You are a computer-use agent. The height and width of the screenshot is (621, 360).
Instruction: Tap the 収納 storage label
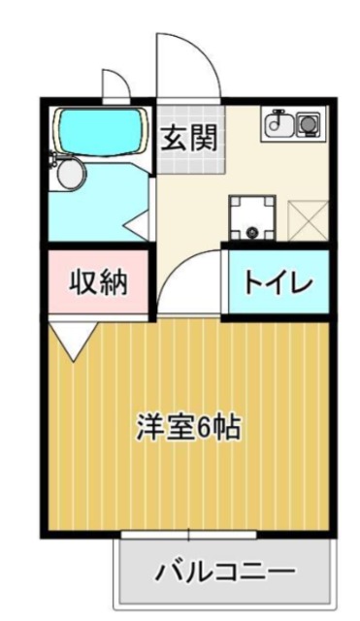97,283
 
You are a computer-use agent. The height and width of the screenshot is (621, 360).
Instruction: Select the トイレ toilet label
277,282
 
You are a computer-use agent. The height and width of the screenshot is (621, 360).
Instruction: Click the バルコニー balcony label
225,572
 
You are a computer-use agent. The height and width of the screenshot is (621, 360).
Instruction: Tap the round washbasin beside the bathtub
71,174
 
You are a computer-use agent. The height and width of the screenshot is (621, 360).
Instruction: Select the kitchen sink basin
281,125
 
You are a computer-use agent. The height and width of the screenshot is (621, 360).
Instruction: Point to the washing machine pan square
252,218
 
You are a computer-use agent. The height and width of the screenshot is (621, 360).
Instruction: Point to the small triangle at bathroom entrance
140,226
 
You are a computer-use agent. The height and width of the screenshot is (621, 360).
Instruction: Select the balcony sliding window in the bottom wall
189,536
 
